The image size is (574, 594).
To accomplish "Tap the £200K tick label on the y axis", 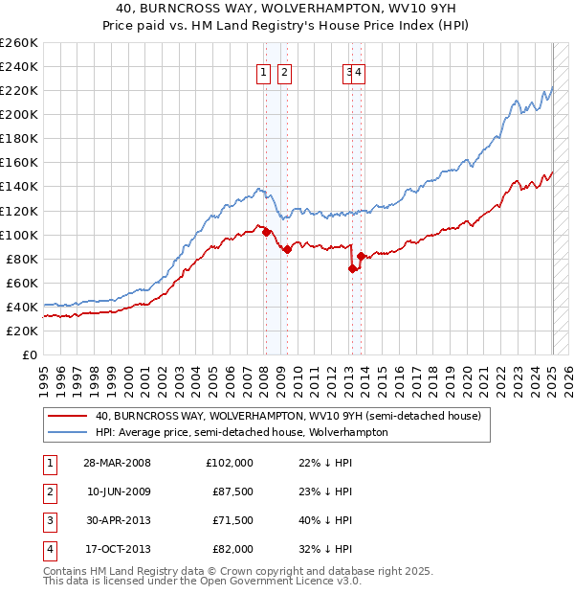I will coord(19,114).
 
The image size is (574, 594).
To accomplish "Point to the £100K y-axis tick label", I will coord(19,235).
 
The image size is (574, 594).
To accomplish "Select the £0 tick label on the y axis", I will coord(31,354).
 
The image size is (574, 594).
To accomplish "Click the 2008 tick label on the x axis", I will coord(263,378).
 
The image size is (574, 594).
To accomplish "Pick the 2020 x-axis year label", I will coord(466,378).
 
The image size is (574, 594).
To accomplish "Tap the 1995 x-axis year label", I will coord(44,378).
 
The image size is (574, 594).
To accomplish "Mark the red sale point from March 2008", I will coord(266,232).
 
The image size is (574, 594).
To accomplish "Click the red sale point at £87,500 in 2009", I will coord(287,249).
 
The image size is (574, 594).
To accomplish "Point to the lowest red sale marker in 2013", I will coord(352,268).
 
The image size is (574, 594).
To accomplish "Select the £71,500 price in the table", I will coord(232,521).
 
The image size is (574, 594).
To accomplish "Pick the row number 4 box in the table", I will coord(48,550).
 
